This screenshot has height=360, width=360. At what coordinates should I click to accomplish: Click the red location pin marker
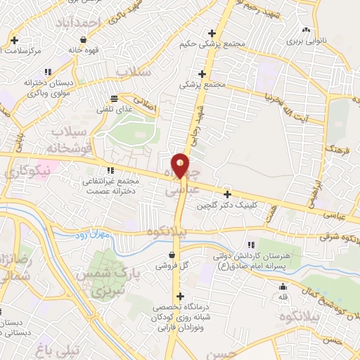[181, 165]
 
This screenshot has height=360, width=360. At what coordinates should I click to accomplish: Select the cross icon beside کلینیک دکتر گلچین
[227, 194]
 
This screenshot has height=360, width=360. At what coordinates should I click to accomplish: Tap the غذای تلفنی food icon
[114, 98]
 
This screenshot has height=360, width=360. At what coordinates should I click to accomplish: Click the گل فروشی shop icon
[172, 255]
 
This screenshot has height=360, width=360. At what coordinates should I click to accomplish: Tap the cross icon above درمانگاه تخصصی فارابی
[181, 296]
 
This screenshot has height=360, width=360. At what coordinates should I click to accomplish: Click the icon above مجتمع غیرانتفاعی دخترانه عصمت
[110, 170]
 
